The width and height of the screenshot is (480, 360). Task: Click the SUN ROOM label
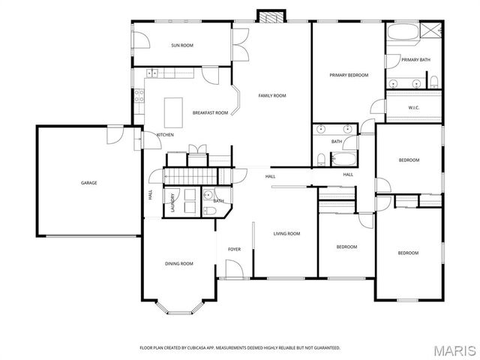coord(182,46)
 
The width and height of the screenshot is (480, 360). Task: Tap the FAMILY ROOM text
coord(272,96)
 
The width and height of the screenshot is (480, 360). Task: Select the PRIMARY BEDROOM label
coord(349,75)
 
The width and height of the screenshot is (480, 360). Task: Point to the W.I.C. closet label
coord(413,107)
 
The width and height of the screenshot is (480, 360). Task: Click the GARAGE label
coord(89,182)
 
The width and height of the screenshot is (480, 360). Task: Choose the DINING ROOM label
coord(179,263)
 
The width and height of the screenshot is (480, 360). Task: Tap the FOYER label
coord(234,249)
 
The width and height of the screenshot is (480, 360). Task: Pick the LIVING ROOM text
coord(286,234)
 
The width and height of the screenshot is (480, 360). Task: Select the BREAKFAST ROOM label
coord(210,113)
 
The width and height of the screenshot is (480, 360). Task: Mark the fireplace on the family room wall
coord(271,16)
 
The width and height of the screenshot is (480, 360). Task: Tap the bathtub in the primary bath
coord(403,33)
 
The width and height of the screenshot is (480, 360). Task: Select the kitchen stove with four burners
coord(139,95)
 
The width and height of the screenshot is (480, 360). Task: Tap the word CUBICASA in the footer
coord(204,348)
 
